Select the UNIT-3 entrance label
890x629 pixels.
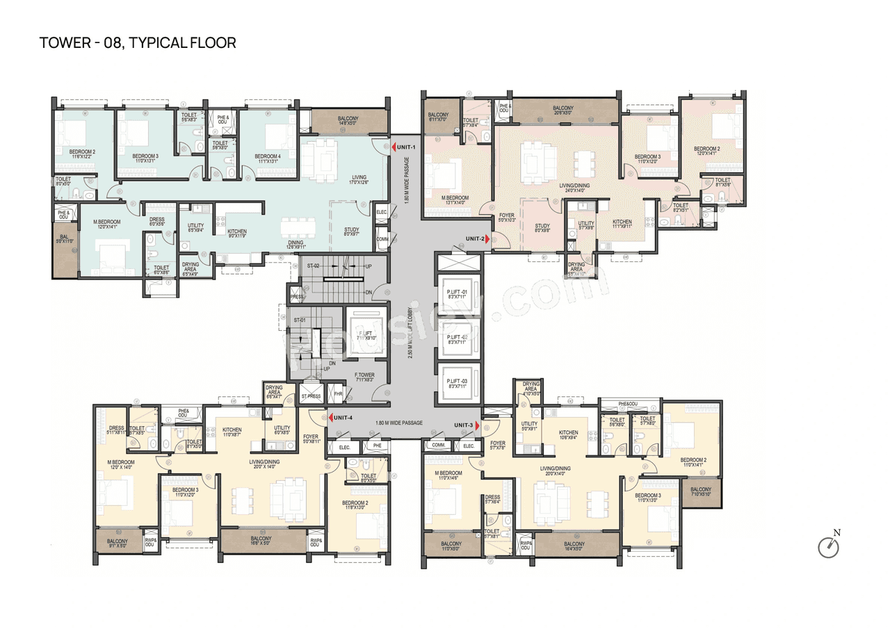(464, 425)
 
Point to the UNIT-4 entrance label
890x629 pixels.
(343, 418)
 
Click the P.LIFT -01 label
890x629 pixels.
(457, 293)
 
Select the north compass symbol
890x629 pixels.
(829, 546)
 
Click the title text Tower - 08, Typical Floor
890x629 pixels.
(138, 43)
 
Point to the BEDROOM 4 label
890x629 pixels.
(268, 158)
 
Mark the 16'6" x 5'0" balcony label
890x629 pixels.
(261, 541)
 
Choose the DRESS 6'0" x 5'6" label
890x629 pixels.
(157, 222)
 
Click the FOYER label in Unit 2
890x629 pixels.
(507, 218)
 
